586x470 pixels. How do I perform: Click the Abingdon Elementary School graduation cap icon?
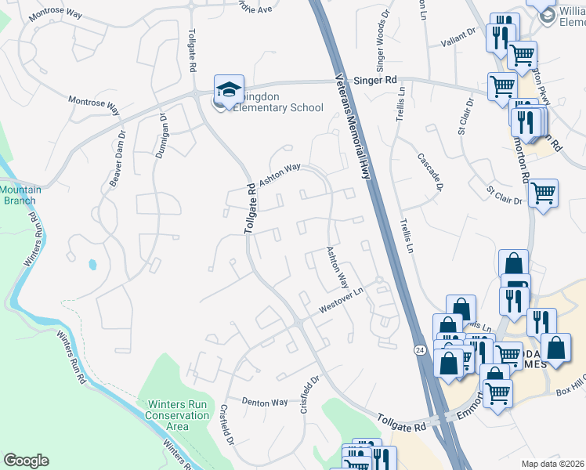tap(229, 90)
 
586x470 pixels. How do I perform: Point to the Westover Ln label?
tap(342, 302)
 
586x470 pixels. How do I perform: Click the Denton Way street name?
tap(265, 402)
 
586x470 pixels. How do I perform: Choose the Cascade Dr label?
tap(430, 171)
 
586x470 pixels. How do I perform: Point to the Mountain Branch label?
tap(20, 195)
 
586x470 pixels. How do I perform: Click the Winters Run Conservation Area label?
tap(177, 415)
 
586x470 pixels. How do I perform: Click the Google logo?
tap(26, 461)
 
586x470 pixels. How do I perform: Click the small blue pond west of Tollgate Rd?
tap(93, 264)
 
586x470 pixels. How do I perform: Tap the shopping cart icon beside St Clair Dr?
tap(542, 192)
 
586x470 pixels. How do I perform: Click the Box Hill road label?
tap(570, 390)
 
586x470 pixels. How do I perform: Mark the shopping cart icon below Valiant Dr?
tap(521, 54)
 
